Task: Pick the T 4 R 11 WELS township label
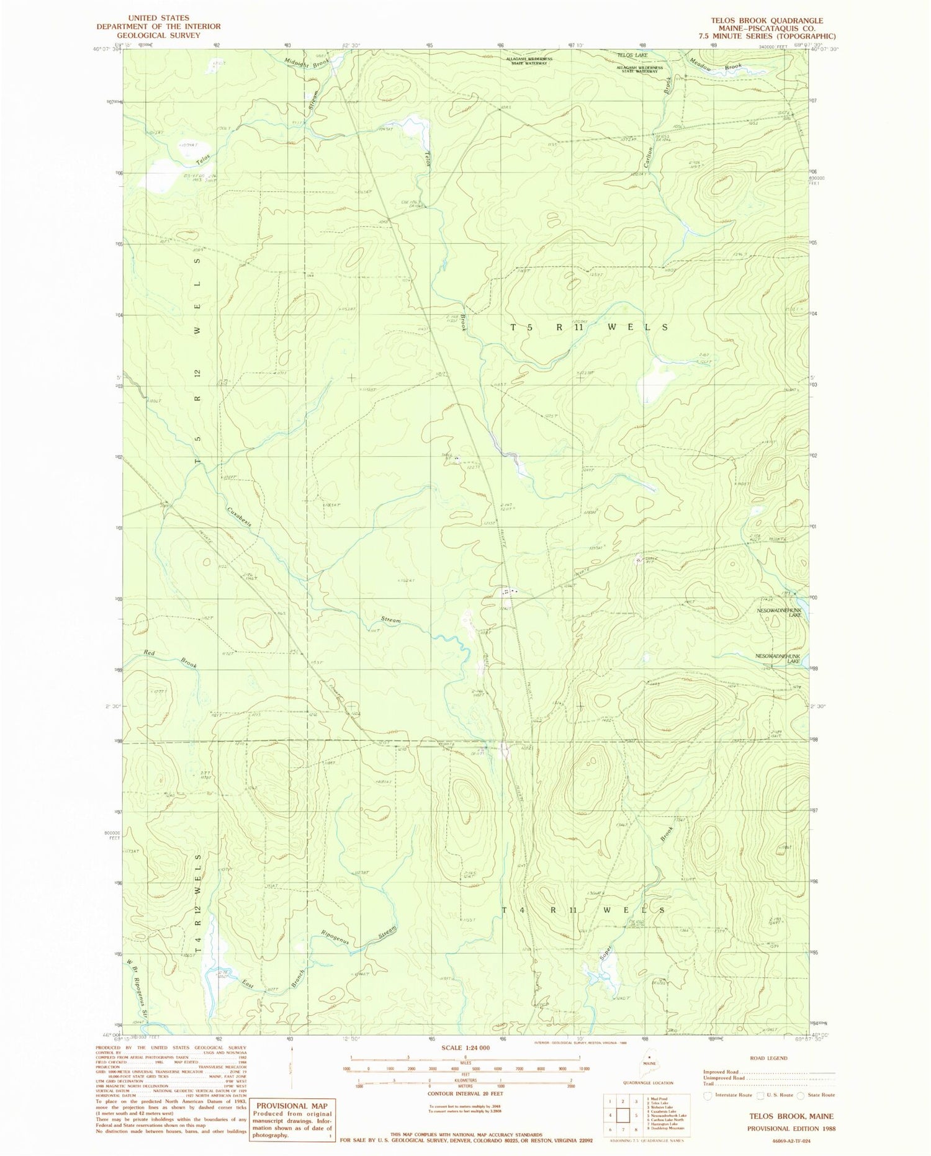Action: click(x=583, y=910)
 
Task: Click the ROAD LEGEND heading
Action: click(x=768, y=1058)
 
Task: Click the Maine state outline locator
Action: click(x=649, y=1055)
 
